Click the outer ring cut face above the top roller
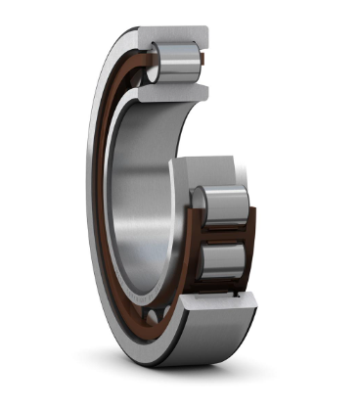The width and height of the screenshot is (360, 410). click(x=171, y=35)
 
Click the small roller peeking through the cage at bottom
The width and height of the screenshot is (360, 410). click(x=154, y=315)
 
